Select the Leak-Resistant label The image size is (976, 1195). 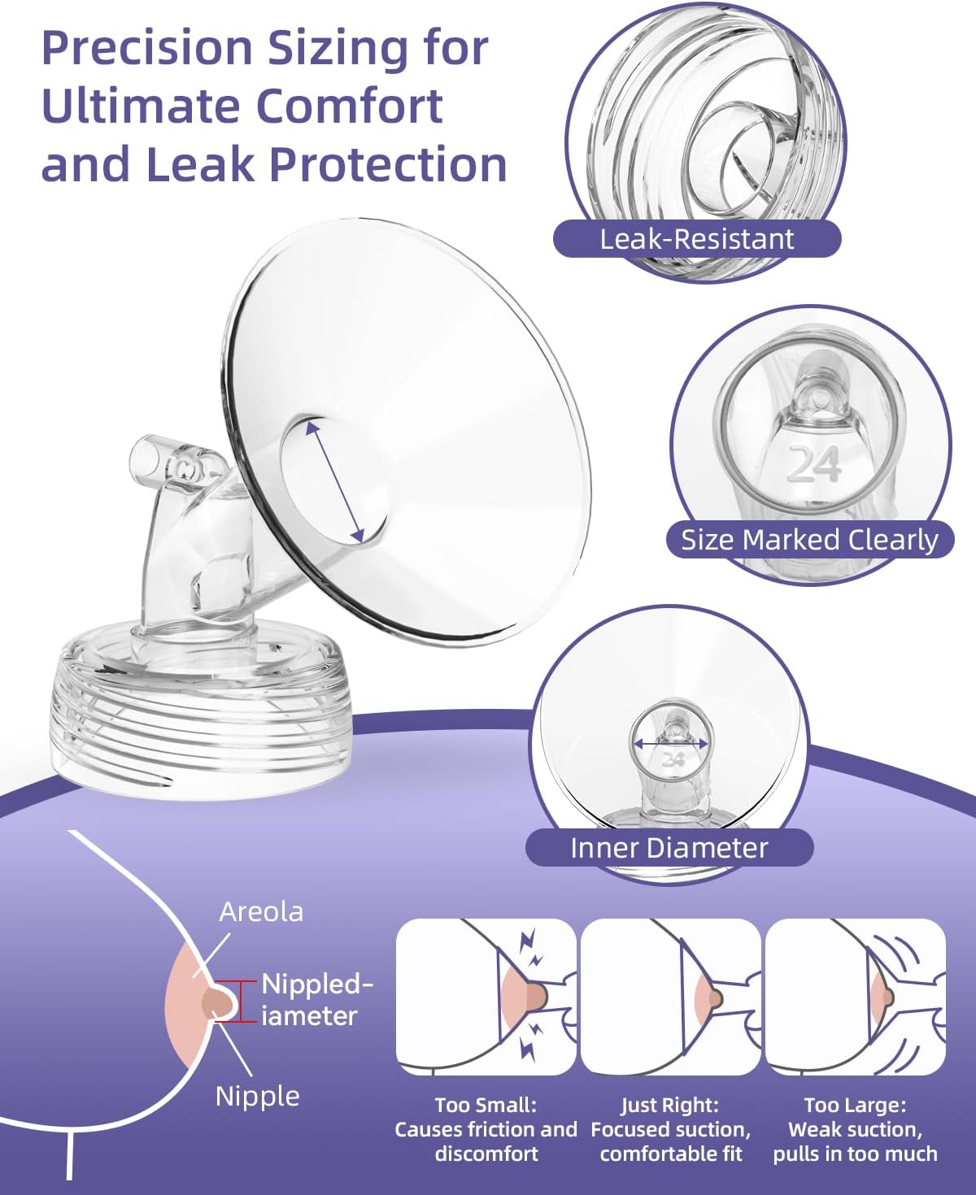pyautogui.click(x=696, y=239)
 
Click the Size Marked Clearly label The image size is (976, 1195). pyautogui.click(x=809, y=540)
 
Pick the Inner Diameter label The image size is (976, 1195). pyautogui.click(x=669, y=848)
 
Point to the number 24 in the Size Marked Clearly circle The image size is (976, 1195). pyautogui.click(x=814, y=466)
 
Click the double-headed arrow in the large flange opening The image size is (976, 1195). pyautogui.click(x=334, y=480)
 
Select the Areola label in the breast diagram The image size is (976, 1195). pyautogui.click(x=261, y=911)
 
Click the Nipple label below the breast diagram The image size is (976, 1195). pyautogui.click(x=257, y=1096)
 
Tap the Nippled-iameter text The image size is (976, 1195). pyautogui.click(x=316, y=1000)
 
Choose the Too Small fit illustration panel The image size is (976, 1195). pyautogui.click(x=486, y=997)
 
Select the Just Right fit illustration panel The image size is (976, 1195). pyautogui.click(x=670, y=997)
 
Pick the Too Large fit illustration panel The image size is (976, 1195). pyautogui.click(x=855, y=997)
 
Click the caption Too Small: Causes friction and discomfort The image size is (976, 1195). pyautogui.click(x=486, y=1129)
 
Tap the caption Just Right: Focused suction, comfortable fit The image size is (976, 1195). pyautogui.click(x=670, y=1129)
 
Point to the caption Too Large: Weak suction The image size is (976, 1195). pyautogui.click(x=855, y=1129)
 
